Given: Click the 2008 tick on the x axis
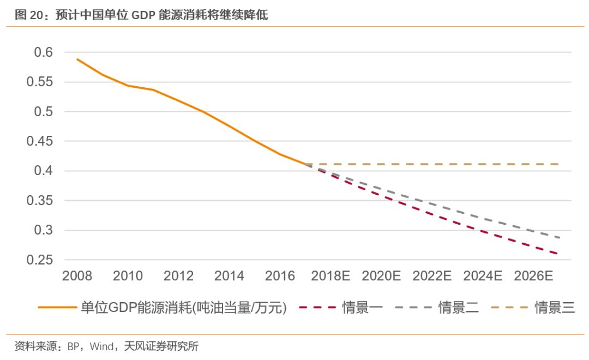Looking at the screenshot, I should pos(77,276).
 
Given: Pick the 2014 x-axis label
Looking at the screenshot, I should pos(229,276).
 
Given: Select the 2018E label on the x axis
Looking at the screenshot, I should pos(330,276).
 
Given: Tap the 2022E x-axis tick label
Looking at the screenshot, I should pos(432,276).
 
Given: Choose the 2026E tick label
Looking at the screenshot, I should pos(533,276).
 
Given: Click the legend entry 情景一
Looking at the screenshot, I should pos(363,308).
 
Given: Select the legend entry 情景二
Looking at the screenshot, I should pos(459,308).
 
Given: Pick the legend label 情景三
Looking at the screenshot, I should pos(555,308).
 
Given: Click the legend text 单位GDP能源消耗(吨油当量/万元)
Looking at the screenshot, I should pos(184,308).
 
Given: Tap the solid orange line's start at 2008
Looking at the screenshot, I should pos(77,59).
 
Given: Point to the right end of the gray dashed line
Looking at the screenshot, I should pos(558,238).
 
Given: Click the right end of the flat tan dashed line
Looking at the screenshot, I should pos(558,164).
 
